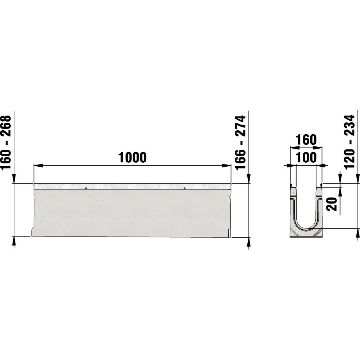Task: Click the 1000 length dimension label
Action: click(x=132, y=157)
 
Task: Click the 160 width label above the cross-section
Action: click(x=306, y=140)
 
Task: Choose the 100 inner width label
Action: click(x=306, y=158)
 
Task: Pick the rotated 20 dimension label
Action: click(x=332, y=204)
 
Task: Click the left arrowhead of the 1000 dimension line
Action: click(x=39, y=165)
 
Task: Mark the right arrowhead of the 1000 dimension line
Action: click(x=226, y=165)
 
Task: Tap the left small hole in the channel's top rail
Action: click(x=86, y=188)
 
